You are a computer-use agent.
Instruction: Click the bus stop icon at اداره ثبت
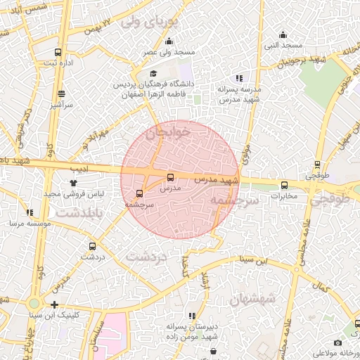58,51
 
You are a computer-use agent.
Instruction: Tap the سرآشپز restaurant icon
61,94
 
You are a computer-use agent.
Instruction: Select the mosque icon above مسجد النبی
283,34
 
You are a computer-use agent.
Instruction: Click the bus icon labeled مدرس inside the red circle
170,177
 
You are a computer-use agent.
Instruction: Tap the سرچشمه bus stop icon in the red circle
139,193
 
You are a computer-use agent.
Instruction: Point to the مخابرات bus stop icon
284,186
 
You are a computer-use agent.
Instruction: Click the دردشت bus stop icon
92,246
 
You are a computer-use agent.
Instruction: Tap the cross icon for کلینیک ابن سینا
55,304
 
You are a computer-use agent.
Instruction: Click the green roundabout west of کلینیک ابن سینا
34,304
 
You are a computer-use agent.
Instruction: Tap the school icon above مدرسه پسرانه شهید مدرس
239,78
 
